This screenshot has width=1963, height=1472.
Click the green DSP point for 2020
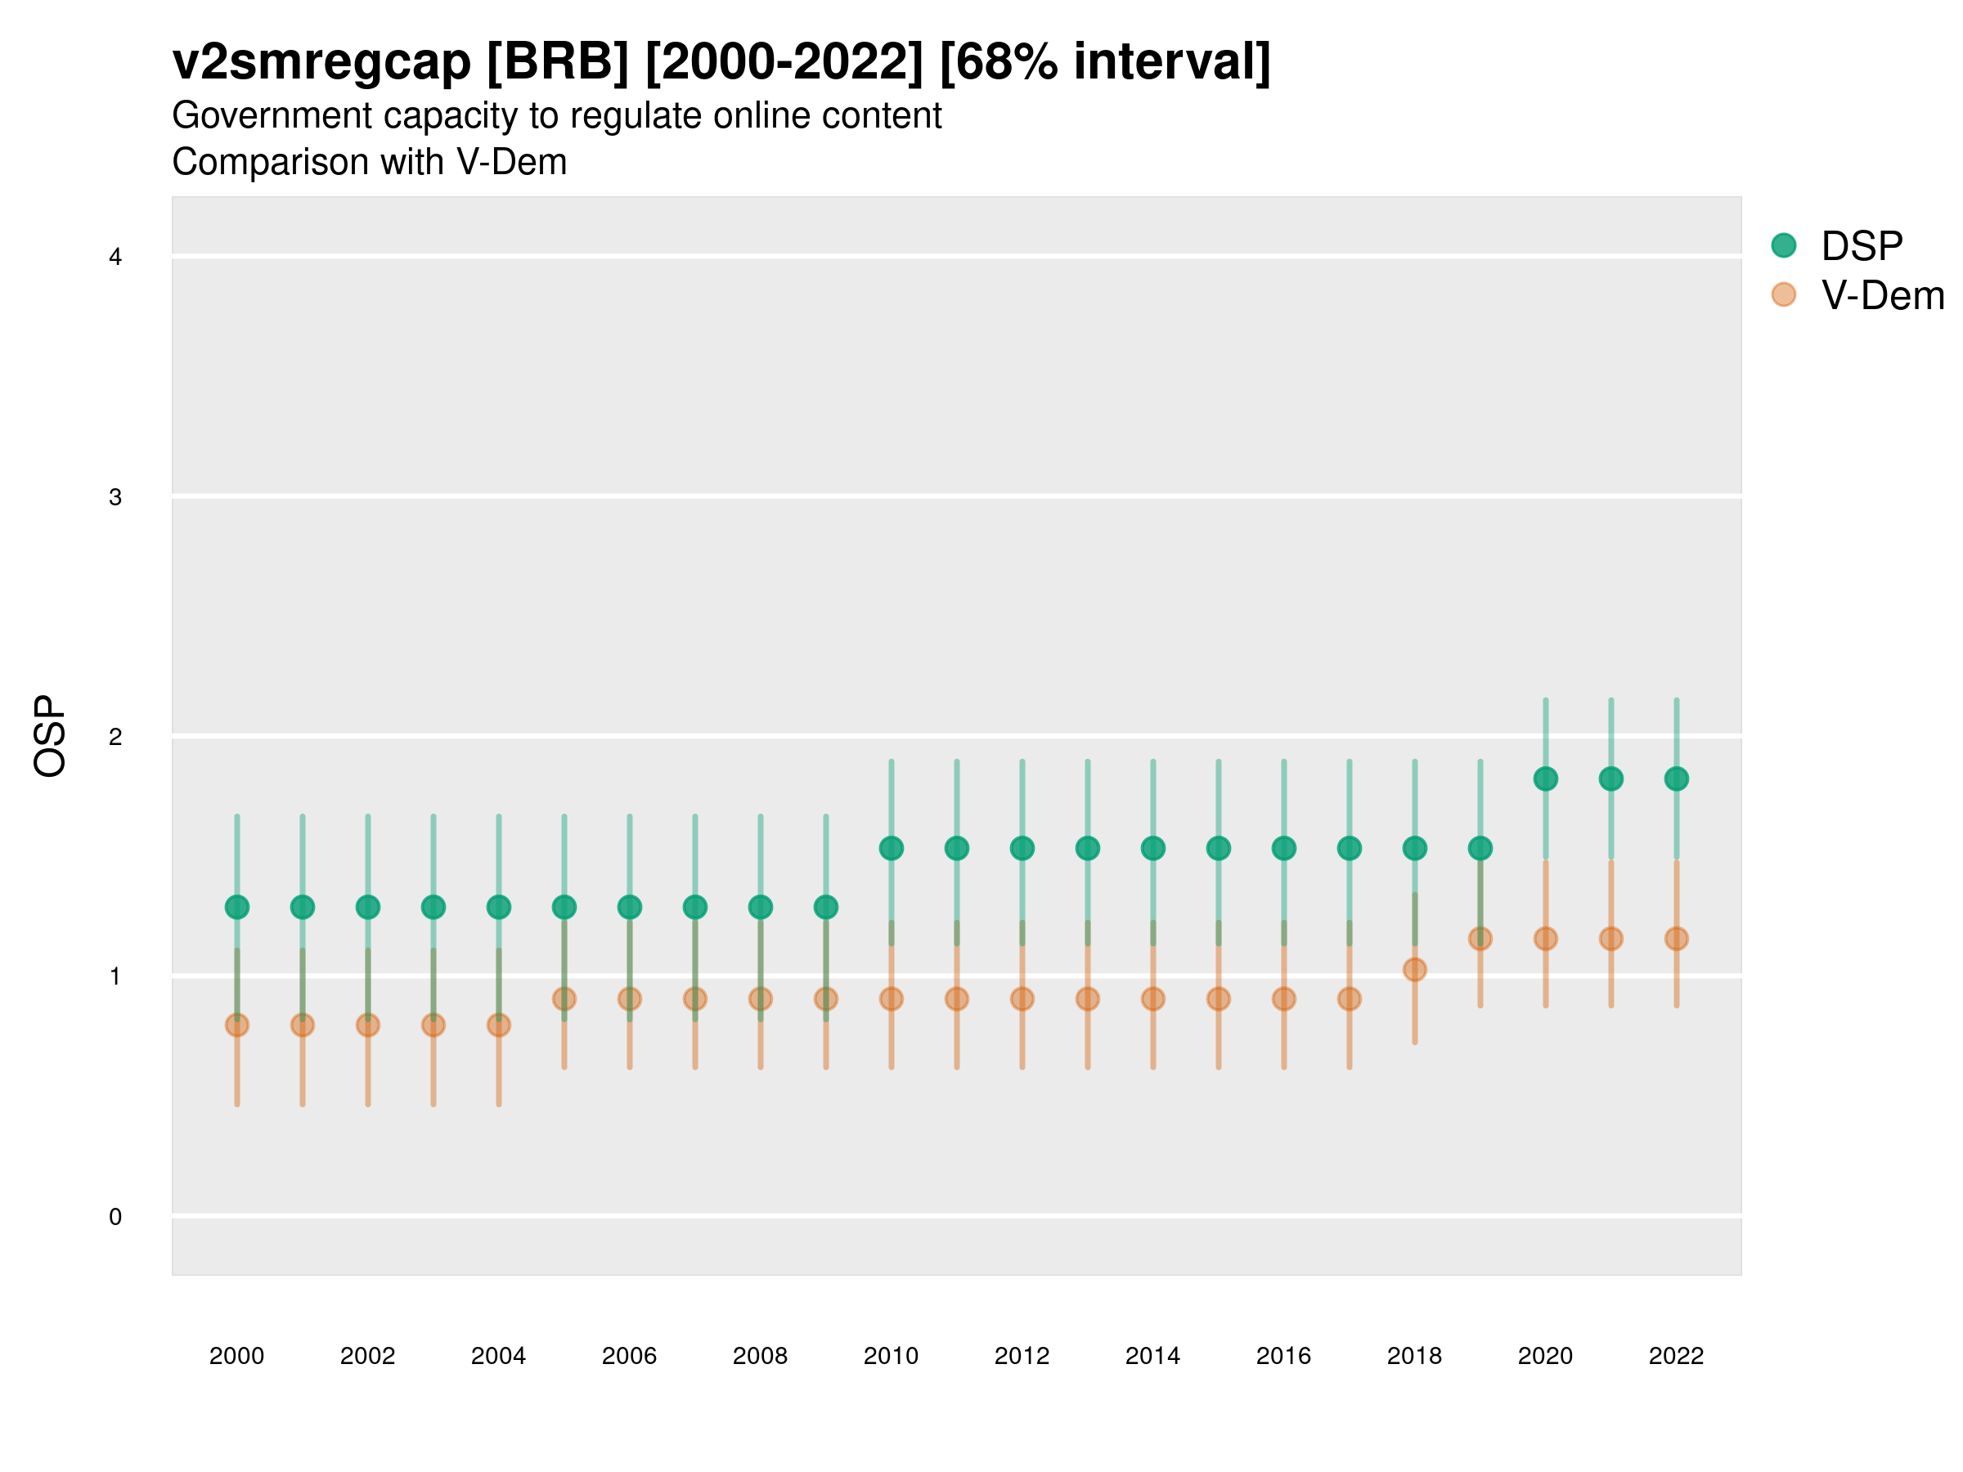pos(1545,779)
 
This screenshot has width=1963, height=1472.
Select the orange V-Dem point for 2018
pos(1414,970)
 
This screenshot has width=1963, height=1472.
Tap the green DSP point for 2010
pos(891,848)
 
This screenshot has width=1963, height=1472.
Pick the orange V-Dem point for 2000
pos(237,1025)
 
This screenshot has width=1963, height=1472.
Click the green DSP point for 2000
pos(237,907)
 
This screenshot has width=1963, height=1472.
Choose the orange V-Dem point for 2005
pos(564,999)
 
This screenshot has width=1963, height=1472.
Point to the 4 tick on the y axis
pos(115,258)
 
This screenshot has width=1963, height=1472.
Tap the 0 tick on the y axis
pos(115,1217)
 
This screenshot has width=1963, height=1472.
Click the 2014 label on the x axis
pos(1152,1356)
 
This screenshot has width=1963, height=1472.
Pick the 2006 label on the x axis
pos(629,1356)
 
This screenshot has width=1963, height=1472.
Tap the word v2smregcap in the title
pos(321,62)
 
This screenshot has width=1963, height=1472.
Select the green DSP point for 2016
pos(1284,848)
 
